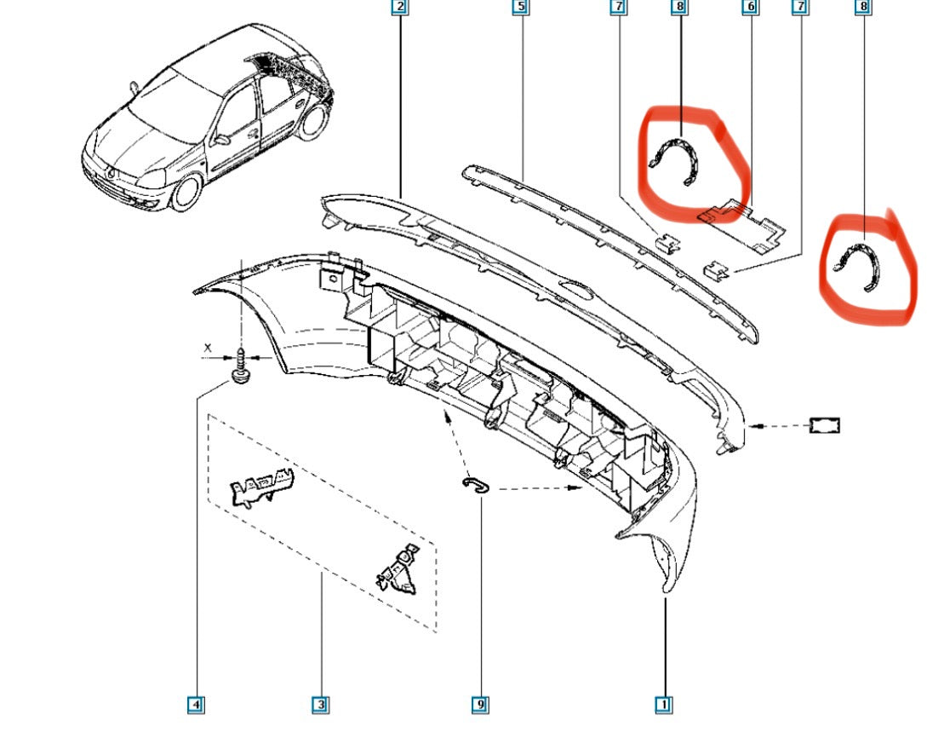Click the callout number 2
400,7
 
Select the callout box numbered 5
520,7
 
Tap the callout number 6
750,7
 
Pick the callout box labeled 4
196,704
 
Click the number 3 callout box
320,704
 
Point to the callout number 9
480,704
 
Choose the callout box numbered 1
664,704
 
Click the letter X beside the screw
208,348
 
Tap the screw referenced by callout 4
241,367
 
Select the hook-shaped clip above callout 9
476,485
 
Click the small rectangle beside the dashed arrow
825,425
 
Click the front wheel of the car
186,193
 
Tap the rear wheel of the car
313,121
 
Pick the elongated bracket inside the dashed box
262,486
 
